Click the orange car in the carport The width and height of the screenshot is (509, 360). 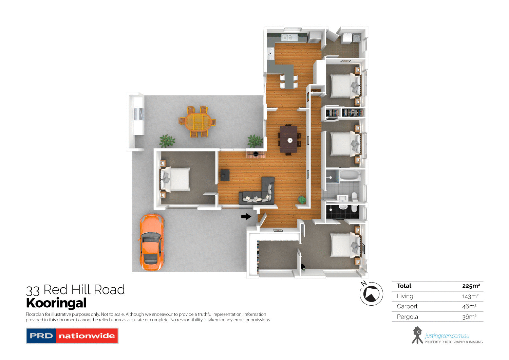pyautogui.click(x=151, y=242)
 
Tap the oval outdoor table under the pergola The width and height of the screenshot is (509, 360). pyautogui.click(x=197, y=121)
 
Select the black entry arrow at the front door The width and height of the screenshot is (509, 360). pyautogui.click(x=246, y=216)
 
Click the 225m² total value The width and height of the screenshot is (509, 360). pyautogui.click(x=471, y=286)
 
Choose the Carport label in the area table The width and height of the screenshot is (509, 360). pyautogui.click(x=407, y=306)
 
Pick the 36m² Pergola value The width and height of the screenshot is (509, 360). pyautogui.click(x=469, y=317)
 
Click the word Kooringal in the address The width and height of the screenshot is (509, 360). pyautogui.click(x=56, y=303)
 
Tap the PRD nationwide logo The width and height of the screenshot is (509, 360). pyautogui.click(x=72, y=336)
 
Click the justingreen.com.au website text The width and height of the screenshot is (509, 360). pyautogui.click(x=447, y=336)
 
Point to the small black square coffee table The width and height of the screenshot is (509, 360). pyautogui.click(x=225, y=175)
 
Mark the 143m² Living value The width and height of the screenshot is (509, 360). pyautogui.click(x=470, y=296)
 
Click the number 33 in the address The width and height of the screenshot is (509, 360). pyautogui.click(x=33, y=291)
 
